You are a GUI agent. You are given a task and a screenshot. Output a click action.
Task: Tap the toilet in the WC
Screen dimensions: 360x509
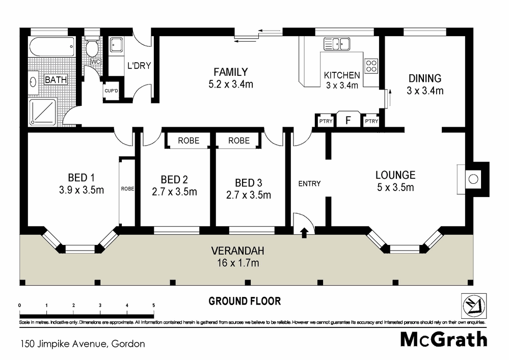pyautogui.click(x=92, y=49)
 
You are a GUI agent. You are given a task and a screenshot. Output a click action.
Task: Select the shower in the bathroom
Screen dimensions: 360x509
pyautogui.click(x=45, y=111)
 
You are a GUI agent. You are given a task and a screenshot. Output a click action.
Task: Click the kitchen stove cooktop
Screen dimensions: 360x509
pyautogui.click(x=371, y=66)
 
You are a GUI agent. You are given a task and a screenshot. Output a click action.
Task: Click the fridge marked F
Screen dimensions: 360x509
pyautogui.click(x=348, y=121)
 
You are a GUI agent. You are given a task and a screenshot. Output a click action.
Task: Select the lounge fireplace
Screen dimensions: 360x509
pyautogui.click(x=473, y=178)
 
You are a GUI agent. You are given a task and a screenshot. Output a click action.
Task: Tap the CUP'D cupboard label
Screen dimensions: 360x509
pyautogui.click(x=112, y=91)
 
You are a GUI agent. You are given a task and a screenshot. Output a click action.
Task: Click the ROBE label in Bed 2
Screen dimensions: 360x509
pyautogui.click(x=188, y=141)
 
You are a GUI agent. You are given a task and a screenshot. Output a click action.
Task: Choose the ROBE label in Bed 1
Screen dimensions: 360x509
pyautogui.click(x=127, y=188)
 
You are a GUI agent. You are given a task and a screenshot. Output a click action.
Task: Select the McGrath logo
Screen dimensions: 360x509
pyautogui.click(x=443, y=339)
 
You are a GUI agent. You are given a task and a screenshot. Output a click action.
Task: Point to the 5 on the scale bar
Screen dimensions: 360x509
pyautogui.click(x=153, y=305)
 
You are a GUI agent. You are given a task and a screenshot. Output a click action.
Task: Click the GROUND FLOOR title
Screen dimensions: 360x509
pyautogui.click(x=245, y=301)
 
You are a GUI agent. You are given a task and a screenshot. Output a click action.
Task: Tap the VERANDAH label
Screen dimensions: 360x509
pyautogui.click(x=235, y=251)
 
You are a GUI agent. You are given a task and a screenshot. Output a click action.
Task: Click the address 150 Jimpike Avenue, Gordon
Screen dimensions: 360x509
pyautogui.click(x=82, y=344)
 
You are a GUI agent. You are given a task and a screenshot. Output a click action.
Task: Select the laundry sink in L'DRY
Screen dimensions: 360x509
pyautogui.click(x=115, y=45)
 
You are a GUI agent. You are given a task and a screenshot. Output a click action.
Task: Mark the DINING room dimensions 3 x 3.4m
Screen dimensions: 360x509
pyautogui.click(x=424, y=91)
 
